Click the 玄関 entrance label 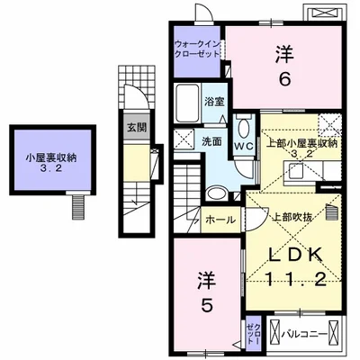click(132, 126)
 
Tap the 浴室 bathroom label click(213, 102)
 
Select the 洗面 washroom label click(211, 141)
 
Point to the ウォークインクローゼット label click(197, 47)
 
